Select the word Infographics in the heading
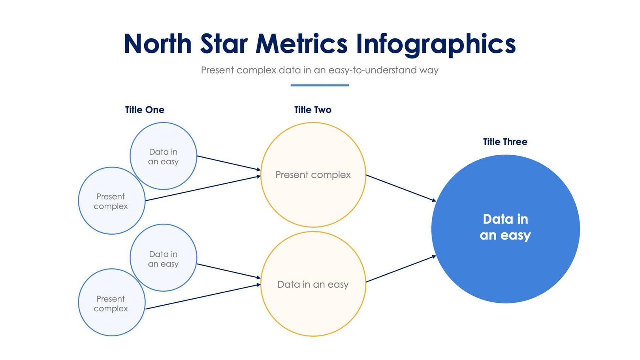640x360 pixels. coord(436,44)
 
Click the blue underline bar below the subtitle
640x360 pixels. coord(320,85)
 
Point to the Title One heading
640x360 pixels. coord(145,110)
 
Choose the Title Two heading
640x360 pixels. coord(312,110)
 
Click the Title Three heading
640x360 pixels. coord(505,142)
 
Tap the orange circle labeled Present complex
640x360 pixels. coord(313,198)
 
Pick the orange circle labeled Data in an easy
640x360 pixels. coord(313,308)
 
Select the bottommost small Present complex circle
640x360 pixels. coord(111,320)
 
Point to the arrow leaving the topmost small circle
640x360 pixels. coord(228,163)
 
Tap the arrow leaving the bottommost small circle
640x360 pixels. coord(202,296)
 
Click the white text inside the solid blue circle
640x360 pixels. coord(505,227)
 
